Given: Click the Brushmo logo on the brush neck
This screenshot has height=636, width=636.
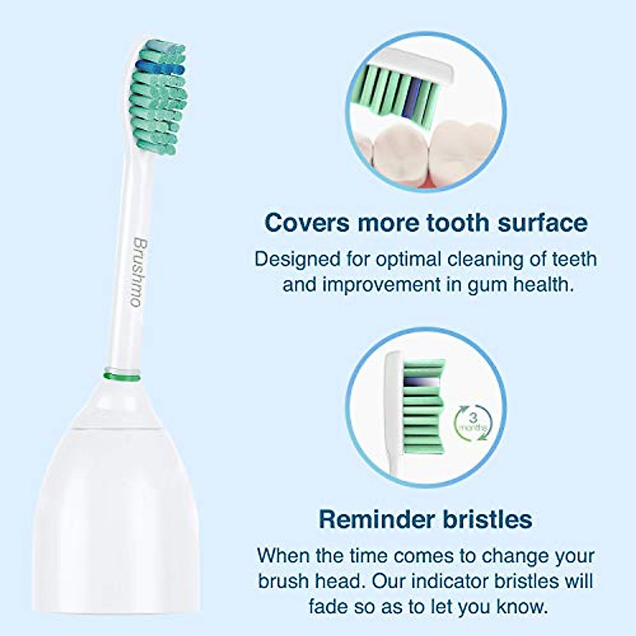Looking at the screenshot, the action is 139,272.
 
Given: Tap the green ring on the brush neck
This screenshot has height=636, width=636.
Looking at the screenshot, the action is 121,377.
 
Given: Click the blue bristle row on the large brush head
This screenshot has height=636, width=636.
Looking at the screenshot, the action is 160,68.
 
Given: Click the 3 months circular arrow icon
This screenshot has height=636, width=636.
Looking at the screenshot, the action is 473,423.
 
